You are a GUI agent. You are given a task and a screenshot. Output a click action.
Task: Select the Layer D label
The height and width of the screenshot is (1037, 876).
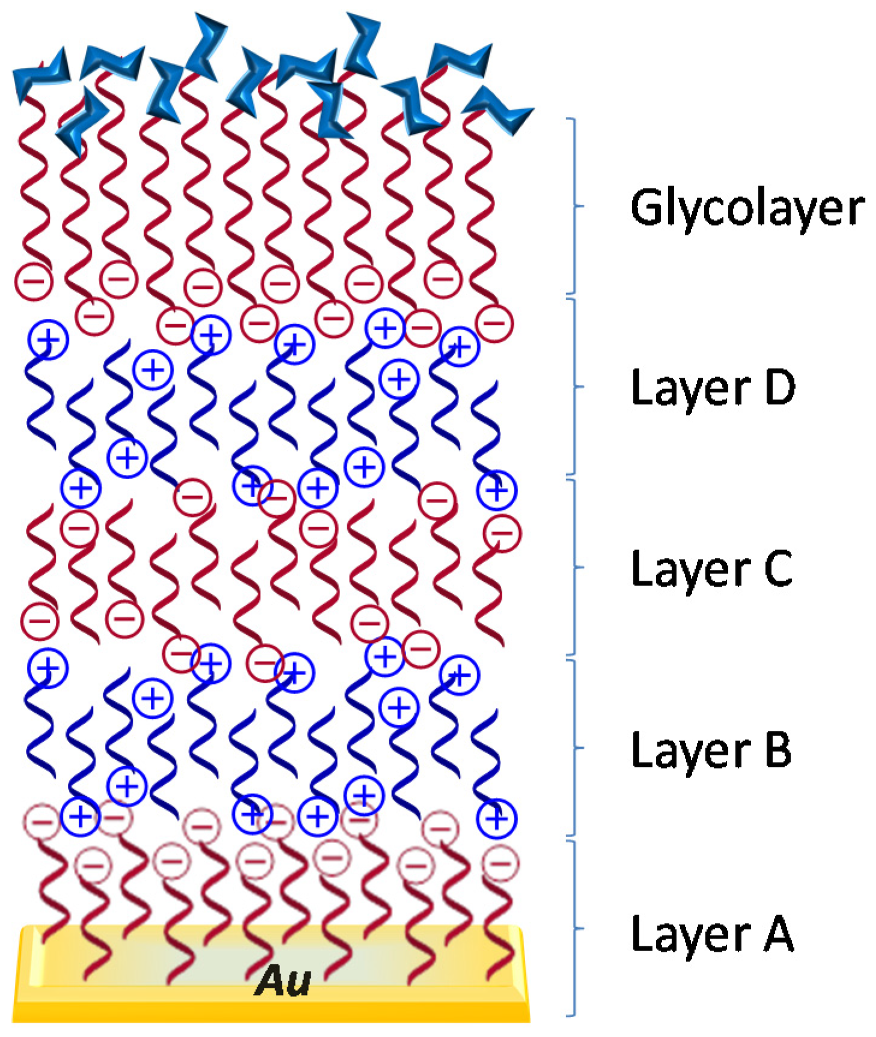(713, 387)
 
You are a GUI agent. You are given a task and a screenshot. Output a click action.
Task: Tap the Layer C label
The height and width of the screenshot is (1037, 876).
(712, 569)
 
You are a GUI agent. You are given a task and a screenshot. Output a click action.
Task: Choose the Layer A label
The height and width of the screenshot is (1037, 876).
(713, 934)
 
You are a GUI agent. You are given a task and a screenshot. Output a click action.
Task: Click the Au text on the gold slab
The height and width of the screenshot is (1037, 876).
(282, 981)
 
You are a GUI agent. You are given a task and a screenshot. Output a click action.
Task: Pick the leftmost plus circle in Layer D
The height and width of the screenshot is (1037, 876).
(48, 340)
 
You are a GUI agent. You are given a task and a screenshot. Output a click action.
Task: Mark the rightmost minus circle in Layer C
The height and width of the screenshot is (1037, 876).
(502, 533)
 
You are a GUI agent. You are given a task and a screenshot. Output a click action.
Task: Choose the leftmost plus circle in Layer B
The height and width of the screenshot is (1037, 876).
(48, 668)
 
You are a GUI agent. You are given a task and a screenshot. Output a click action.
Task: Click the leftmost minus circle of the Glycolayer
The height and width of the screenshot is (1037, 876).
(34, 281)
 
